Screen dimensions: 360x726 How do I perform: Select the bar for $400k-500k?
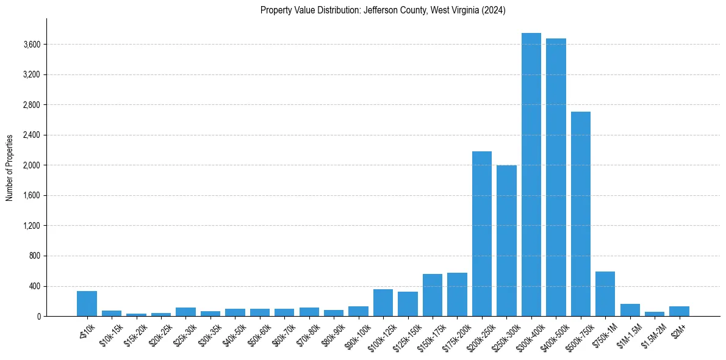tap(556, 177)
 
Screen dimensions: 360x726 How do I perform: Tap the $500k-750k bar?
tap(581, 214)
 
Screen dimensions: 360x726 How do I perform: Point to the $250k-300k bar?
tap(506, 240)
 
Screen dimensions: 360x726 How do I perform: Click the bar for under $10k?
tap(87, 304)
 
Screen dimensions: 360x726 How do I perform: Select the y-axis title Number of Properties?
tap(9, 167)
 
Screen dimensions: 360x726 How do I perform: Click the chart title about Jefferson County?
tap(383, 10)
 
